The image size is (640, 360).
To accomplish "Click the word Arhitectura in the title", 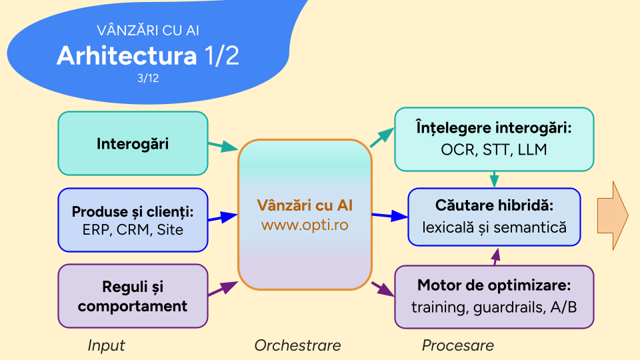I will pos(127,56).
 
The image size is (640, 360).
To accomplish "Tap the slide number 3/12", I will pos(148,78).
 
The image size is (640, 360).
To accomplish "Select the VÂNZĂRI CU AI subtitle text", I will pos(148,31).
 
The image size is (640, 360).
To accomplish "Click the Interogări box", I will pos(133,143).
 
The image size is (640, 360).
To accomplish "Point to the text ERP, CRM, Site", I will pos(133,230).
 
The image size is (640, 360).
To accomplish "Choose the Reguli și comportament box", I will pos(133,297).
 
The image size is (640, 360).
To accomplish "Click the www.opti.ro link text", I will pos(305,225).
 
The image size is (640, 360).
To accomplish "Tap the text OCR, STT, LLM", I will pos(494,149).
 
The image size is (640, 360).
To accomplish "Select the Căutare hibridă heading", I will pos(494,206).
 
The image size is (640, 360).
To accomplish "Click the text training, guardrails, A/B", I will pos(494,307).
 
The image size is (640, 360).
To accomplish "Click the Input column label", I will pos(106,345).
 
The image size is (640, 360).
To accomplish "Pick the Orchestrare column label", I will pos(297,345).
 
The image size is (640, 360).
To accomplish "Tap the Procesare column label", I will pos(458,345).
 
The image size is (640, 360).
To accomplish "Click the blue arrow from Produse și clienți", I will pos(223,217).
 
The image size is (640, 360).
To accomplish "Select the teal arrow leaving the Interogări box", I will pos(223,145).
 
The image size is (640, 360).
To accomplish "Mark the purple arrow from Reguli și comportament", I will pos(223,288).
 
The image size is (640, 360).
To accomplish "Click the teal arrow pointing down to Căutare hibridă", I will pos(494,179).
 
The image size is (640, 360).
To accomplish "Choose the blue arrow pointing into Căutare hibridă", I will pos(389,216).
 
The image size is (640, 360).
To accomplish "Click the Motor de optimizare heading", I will pos(494,286).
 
